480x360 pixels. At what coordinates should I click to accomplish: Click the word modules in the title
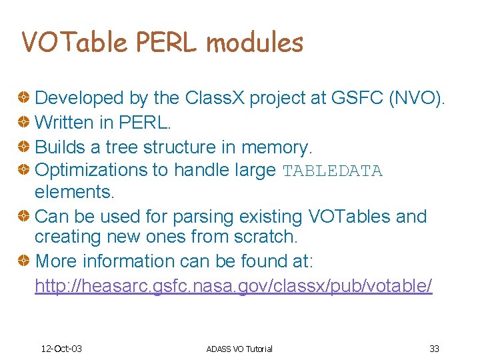(255, 43)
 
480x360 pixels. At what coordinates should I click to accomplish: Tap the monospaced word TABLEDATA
(332, 171)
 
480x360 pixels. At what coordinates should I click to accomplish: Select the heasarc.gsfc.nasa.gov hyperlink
(233, 286)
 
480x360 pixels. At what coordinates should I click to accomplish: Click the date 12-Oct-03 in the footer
(61, 349)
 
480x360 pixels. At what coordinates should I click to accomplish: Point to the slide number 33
(434, 349)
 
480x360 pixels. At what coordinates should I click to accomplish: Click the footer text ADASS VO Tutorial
(239, 349)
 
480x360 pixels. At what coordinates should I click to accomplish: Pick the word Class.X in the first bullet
(209, 98)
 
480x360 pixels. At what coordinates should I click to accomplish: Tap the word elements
(75, 192)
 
